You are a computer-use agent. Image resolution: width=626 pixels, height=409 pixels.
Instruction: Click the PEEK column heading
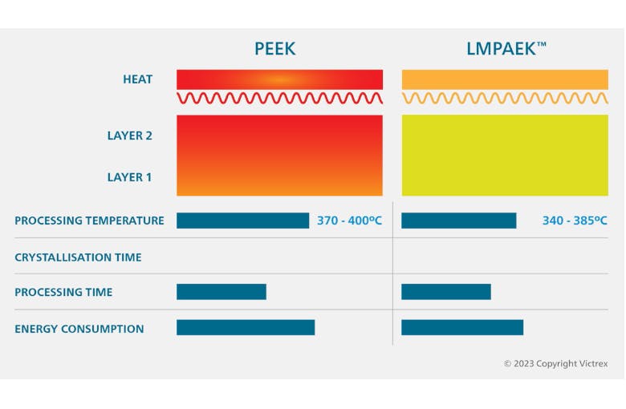(x=274, y=49)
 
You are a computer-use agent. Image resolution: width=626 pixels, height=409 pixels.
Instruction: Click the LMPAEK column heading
(x=505, y=49)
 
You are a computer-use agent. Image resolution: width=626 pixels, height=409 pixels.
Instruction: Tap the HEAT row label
(x=137, y=79)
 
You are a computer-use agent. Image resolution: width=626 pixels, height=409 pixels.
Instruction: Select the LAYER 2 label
(x=129, y=136)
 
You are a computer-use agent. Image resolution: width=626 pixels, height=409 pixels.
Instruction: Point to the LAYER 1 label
(x=129, y=177)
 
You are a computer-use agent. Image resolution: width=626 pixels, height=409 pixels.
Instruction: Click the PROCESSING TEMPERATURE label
(x=89, y=221)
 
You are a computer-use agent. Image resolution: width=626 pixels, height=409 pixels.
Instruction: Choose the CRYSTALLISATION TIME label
(x=78, y=257)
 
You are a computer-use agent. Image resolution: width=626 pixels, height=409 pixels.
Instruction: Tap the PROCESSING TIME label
(x=63, y=293)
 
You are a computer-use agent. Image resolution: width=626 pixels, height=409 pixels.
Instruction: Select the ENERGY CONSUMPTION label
(x=79, y=329)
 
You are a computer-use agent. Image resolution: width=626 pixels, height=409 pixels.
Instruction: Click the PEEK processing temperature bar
(x=242, y=221)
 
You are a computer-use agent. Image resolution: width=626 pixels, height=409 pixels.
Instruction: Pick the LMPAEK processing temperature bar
(x=458, y=221)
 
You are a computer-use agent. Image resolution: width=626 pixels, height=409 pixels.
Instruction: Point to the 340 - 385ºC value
(x=575, y=221)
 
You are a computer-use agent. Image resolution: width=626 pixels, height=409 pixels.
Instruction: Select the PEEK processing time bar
(x=221, y=292)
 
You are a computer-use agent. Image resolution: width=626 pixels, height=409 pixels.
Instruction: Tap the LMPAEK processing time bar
(x=445, y=292)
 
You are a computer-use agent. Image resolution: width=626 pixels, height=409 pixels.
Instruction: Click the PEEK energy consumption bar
(x=245, y=327)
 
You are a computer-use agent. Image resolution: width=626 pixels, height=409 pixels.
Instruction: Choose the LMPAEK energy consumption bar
(x=461, y=327)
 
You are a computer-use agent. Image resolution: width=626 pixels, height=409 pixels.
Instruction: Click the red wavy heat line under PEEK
(x=279, y=98)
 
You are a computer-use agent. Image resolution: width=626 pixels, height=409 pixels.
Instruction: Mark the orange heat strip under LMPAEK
(x=505, y=79)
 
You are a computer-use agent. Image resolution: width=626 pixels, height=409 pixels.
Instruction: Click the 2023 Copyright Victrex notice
(x=555, y=364)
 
